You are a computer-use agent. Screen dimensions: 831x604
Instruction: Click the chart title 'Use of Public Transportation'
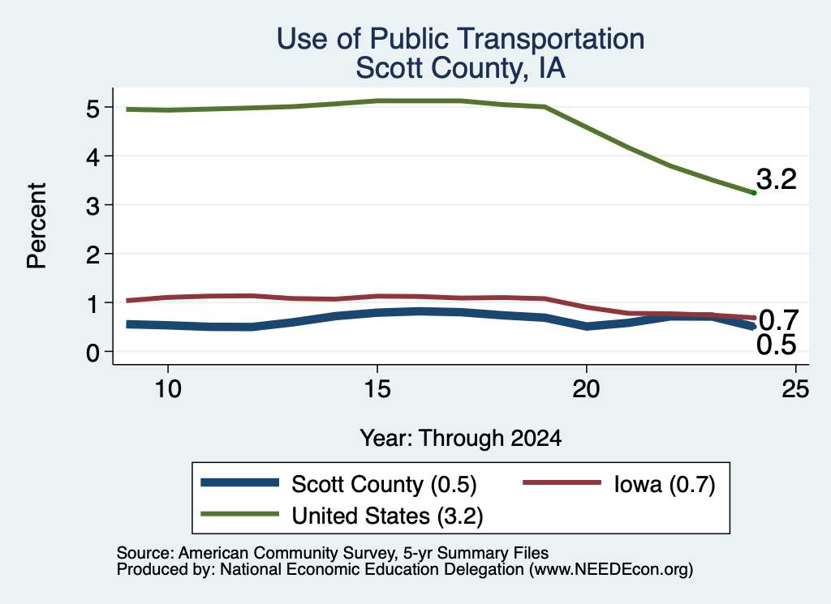coord(461,39)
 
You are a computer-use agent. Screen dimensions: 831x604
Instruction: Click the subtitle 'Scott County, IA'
coord(461,68)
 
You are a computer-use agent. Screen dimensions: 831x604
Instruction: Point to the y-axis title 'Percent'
coord(37,225)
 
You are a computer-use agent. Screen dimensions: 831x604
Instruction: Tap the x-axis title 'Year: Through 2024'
coord(461,439)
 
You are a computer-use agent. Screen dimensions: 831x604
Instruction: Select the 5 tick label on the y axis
coord(93,109)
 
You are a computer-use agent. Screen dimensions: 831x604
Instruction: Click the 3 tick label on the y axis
coord(93,206)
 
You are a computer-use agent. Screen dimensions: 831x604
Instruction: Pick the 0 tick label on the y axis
coord(93,353)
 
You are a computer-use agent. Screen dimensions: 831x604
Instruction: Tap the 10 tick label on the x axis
coord(168,389)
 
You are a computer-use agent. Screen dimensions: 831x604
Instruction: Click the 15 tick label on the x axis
coord(377,389)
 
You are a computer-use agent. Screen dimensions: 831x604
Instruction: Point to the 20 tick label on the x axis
coord(586,389)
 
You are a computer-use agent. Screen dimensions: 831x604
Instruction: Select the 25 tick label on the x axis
coord(795,389)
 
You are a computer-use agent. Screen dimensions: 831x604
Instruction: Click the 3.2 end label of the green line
coord(777,179)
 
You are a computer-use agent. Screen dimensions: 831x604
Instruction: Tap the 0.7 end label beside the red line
coord(778,320)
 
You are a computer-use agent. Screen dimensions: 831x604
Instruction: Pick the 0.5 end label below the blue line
coord(777,345)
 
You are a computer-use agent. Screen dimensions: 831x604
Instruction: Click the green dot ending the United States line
coord(754,193)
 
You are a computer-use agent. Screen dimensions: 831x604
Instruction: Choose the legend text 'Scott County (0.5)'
coord(384,484)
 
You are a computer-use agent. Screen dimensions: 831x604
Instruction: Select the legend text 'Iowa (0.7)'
coord(665,484)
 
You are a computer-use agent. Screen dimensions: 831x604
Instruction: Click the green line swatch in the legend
coord(240,514)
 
